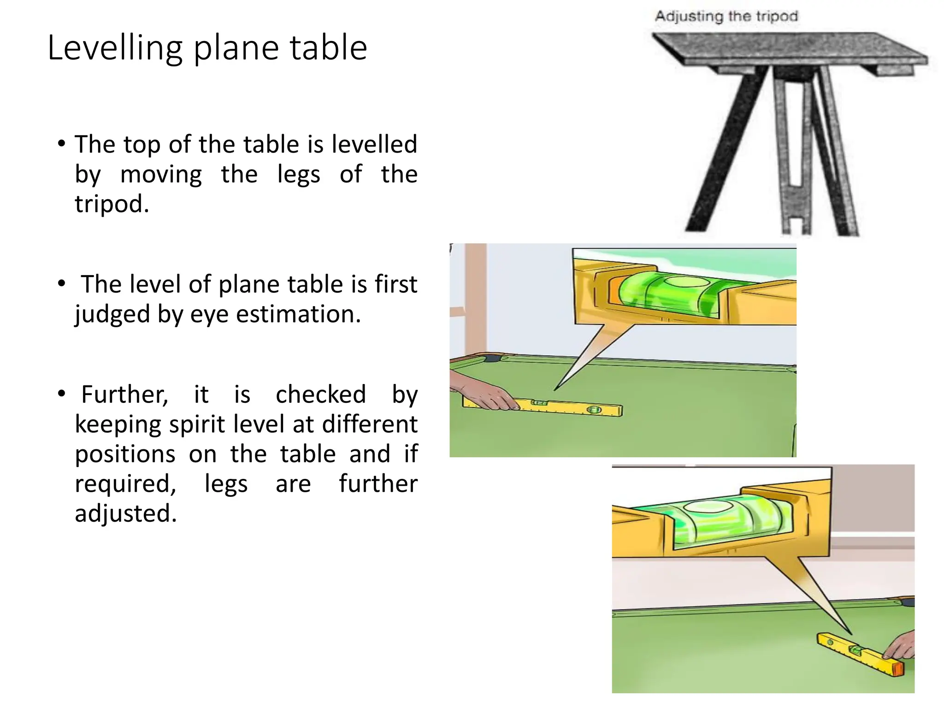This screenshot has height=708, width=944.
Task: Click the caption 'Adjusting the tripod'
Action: click(726, 17)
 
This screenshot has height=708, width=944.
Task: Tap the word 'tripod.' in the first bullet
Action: click(112, 204)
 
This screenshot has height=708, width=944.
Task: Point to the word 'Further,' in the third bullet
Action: click(124, 395)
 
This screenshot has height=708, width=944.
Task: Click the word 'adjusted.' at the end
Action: click(126, 513)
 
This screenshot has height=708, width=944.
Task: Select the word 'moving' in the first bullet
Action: click(161, 175)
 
